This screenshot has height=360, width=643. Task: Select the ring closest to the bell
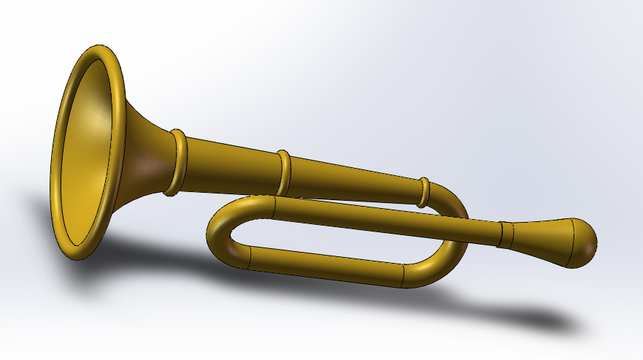pyautogui.click(x=177, y=163)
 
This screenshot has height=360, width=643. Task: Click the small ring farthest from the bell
pyautogui.click(x=423, y=191)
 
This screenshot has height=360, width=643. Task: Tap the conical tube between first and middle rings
pyautogui.click(x=230, y=168)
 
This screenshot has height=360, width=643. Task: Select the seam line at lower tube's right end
pyautogui.click(x=404, y=275)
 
